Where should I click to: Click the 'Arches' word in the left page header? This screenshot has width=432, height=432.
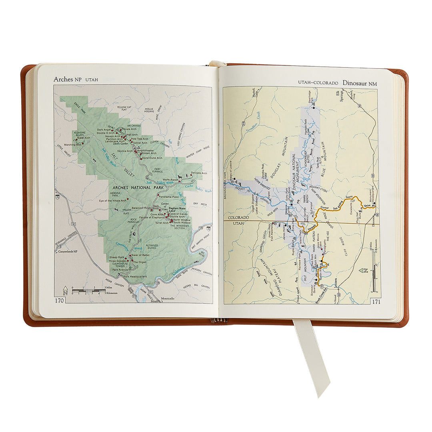pyautogui.click(x=63, y=79)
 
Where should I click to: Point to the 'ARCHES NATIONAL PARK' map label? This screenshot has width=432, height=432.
pyautogui.click(x=132, y=188)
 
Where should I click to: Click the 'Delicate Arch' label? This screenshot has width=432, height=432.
pyautogui.click(x=199, y=173)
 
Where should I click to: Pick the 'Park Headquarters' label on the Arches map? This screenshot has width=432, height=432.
pyautogui.click(x=135, y=276)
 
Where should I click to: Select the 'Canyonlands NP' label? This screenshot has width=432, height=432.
pyautogui.click(x=70, y=252)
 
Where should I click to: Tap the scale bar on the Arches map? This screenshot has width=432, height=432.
pyautogui.click(x=88, y=290)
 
